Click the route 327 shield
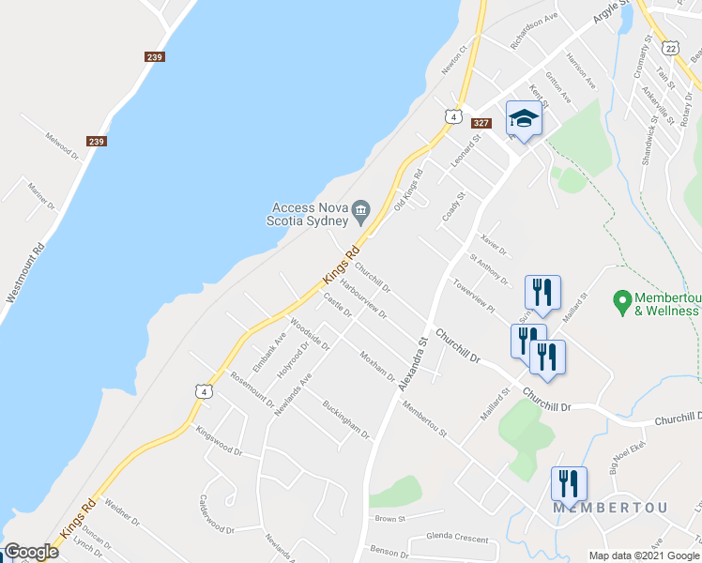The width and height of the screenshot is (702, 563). [x=481, y=123]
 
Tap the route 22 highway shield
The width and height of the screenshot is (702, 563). [x=669, y=47]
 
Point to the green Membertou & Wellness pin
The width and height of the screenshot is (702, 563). [x=620, y=302]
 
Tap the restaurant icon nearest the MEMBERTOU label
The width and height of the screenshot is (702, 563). [x=569, y=484]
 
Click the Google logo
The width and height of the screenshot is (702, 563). [x=31, y=552]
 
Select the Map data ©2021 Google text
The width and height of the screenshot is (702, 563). [x=643, y=555]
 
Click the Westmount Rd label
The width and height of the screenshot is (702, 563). [x=25, y=273]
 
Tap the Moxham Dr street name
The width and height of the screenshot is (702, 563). [x=377, y=366]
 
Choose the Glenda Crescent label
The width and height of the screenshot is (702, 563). [x=457, y=539]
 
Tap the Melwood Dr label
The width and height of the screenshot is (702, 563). [x=63, y=147]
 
